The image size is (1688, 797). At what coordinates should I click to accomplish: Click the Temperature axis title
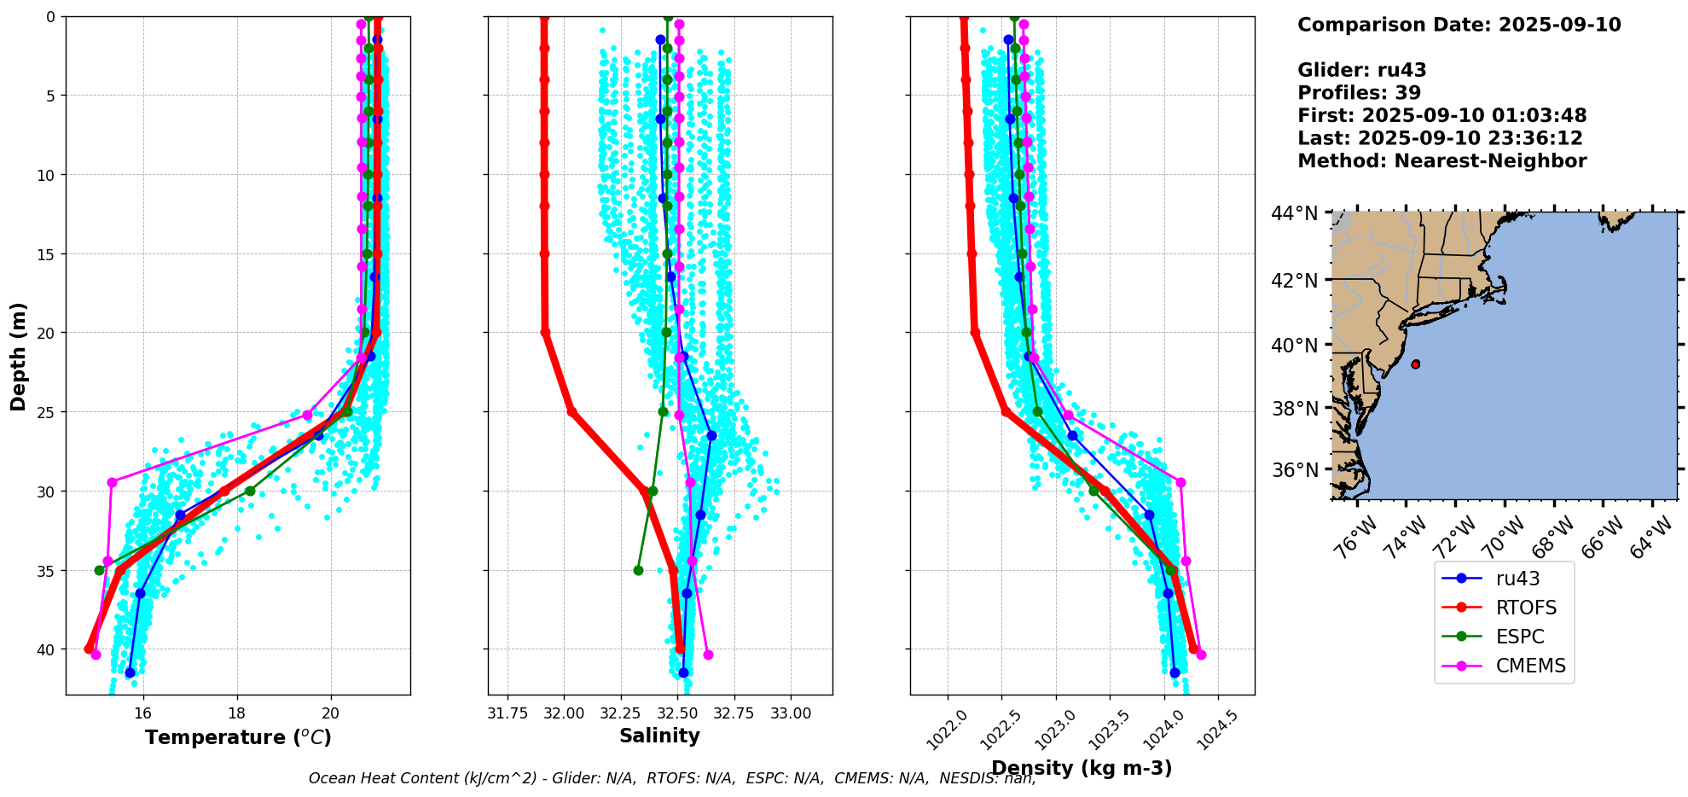pos(238,737)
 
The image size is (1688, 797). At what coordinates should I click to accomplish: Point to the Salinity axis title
pos(659,736)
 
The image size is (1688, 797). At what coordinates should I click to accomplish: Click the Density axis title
pos(1082,768)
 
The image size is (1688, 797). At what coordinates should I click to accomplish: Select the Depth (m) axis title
pos(19,356)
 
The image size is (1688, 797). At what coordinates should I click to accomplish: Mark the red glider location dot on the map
pos(1416,364)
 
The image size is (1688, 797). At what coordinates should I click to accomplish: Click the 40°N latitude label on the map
pos(1295,346)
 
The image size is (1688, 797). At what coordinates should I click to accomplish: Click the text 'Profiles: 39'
pos(1359,93)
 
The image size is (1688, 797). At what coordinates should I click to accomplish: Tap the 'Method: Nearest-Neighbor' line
pos(1441,161)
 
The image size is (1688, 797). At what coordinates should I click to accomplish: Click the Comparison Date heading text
pos(1459,25)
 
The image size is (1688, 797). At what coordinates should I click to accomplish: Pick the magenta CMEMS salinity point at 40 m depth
pos(708,654)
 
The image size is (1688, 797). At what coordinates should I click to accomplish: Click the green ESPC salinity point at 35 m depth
pos(638,570)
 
